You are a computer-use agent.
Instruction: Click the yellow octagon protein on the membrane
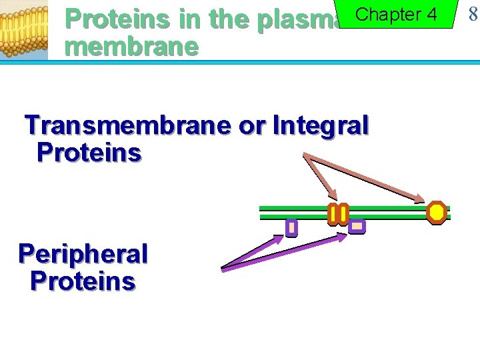pyautogui.click(x=437, y=212)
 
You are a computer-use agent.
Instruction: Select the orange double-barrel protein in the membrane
pyautogui.click(x=338, y=214)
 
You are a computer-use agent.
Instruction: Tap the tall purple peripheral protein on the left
pyautogui.click(x=291, y=228)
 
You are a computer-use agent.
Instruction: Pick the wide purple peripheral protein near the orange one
pyautogui.click(x=357, y=227)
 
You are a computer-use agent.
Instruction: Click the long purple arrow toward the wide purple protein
pyautogui.click(x=280, y=251)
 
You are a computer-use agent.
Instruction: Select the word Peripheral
pyautogui.click(x=83, y=254)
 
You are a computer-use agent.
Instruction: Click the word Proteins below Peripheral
pyautogui.click(x=83, y=281)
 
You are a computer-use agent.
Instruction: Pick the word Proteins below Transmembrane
pyautogui.click(x=89, y=153)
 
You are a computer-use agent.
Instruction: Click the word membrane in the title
pyautogui.click(x=132, y=47)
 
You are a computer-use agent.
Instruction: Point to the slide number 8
pyautogui.click(x=473, y=14)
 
